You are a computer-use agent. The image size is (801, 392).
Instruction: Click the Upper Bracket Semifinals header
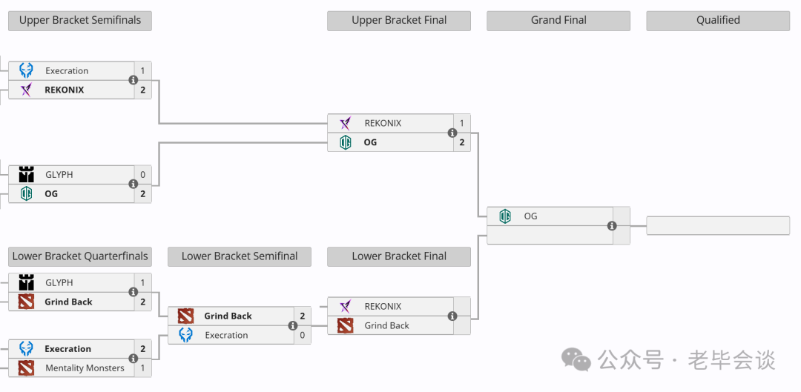79,21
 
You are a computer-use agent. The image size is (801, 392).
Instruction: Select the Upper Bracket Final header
399,21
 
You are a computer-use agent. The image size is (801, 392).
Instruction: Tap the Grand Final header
558,21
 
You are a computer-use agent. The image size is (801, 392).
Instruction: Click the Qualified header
718,21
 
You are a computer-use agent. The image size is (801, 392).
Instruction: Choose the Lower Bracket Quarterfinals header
79,256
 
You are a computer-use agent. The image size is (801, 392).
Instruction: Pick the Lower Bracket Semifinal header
240,256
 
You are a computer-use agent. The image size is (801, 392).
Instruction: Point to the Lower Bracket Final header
399,256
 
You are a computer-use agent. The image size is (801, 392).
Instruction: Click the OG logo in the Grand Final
505,216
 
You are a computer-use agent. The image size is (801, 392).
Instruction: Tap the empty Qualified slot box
718,225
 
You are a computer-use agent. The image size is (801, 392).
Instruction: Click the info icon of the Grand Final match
612,225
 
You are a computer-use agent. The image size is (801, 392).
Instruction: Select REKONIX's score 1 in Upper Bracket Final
462,124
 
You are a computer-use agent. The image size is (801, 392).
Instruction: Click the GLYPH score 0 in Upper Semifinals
142,175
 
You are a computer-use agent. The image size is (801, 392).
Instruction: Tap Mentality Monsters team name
85,368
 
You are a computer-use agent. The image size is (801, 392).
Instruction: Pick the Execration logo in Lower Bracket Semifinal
185,336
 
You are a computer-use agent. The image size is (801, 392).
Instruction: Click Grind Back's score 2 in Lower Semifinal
303,316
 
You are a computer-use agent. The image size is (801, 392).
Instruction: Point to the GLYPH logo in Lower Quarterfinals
26,283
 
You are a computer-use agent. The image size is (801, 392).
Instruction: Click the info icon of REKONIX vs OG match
452,133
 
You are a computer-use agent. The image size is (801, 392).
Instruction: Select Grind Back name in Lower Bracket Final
386,325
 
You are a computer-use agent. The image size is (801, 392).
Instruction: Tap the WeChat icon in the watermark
576,359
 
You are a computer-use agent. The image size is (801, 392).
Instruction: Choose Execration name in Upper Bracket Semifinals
67,71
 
